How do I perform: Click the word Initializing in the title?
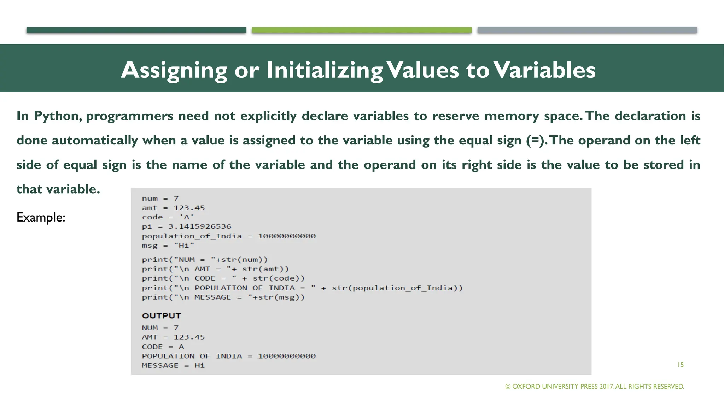point(324,70)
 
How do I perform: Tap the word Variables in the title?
point(544,70)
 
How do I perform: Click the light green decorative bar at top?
point(361,30)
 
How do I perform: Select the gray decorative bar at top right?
point(587,30)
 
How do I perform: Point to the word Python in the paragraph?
point(58,116)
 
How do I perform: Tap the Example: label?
point(41,217)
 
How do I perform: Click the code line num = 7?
point(160,199)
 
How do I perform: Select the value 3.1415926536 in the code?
point(199,226)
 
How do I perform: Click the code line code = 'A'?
point(168,217)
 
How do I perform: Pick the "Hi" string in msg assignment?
point(184,246)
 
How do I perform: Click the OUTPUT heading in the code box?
point(162,316)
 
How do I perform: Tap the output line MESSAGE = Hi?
point(173,366)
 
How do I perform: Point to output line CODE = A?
point(163,347)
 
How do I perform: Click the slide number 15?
point(680,365)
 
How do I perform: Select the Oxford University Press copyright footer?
point(595,387)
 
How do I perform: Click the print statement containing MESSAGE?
point(223,297)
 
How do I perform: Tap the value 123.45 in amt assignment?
point(189,208)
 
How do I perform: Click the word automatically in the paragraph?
point(95,141)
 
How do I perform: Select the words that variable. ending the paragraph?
point(58,189)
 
